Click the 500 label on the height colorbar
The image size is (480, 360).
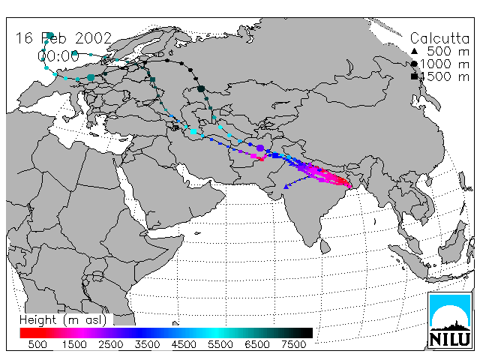[x=37, y=344]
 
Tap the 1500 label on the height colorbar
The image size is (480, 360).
[x=74, y=344]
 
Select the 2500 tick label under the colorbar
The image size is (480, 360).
[x=111, y=344]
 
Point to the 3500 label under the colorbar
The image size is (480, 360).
[x=147, y=344]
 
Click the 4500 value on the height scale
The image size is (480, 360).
[x=184, y=344]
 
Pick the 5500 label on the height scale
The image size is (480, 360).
[x=220, y=344]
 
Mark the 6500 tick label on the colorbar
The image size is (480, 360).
[x=257, y=344]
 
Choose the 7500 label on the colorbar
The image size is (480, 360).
[x=294, y=344]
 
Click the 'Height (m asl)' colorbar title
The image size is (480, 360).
[x=63, y=320]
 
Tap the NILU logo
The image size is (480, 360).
[x=450, y=320]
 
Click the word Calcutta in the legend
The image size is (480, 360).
[x=439, y=38]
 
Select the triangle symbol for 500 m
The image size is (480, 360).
[x=414, y=51]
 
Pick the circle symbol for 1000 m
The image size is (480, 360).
[x=414, y=64]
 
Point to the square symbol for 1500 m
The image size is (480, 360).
[x=414, y=76]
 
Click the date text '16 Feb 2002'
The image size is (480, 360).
[x=64, y=38]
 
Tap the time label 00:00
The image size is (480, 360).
[x=58, y=56]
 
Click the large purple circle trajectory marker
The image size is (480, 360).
[x=260, y=148]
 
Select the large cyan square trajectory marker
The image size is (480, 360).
[x=193, y=132]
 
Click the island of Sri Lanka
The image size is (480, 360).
[x=325, y=247]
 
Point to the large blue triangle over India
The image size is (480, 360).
[x=286, y=187]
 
